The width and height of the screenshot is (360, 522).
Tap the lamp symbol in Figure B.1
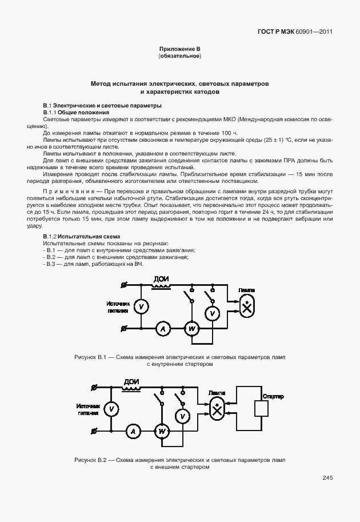point(247,308)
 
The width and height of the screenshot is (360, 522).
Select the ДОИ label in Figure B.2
point(131,382)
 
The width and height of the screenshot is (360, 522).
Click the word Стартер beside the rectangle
point(273,396)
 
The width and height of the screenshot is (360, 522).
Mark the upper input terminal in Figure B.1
point(125,284)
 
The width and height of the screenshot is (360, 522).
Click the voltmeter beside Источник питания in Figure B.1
point(140,307)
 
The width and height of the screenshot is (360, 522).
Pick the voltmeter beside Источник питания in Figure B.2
point(113,409)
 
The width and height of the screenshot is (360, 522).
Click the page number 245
point(327,478)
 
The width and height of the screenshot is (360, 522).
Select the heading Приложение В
point(179,50)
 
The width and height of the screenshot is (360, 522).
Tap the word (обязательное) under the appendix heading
point(179,57)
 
